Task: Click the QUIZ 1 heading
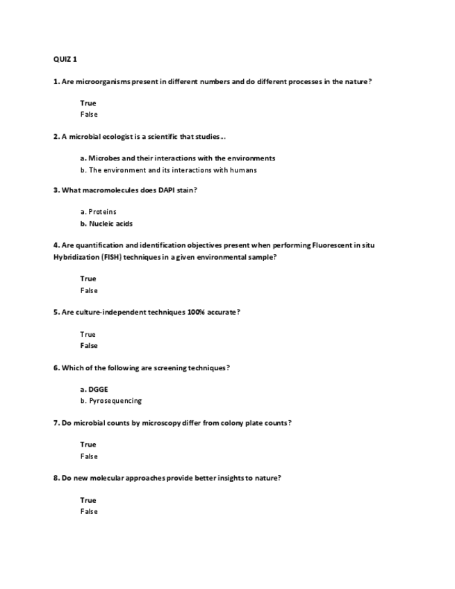[x=65, y=59]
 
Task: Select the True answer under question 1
[x=88, y=103]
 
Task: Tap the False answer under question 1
[x=89, y=115]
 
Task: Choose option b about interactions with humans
[x=168, y=170]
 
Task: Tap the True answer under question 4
[x=88, y=279]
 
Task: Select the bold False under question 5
[x=89, y=346]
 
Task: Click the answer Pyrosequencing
[x=115, y=401]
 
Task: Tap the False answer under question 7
[x=89, y=456]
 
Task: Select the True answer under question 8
[x=88, y=500]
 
